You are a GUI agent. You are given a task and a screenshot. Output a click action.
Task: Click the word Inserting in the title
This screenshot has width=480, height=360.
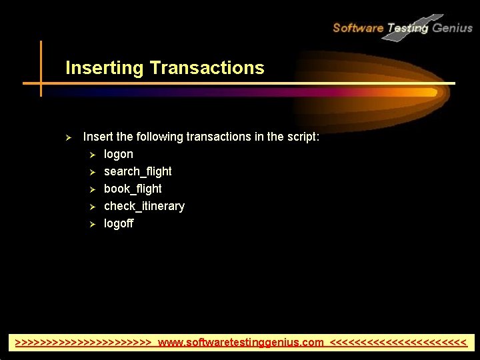(x=105, y=68)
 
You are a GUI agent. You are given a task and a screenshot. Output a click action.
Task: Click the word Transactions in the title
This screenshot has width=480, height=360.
(x=207, y=68)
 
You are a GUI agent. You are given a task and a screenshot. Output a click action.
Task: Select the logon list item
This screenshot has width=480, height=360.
(x=118, y=154)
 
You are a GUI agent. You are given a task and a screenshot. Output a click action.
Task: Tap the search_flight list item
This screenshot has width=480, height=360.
(x=137, y=171)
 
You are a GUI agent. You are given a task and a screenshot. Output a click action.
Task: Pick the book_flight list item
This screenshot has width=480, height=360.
(x=133, y=189)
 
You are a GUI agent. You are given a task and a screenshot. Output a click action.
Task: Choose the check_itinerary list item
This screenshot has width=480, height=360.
(x=144, y=206)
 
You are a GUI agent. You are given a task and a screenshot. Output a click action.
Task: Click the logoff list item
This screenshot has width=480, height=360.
(x=119, y=223)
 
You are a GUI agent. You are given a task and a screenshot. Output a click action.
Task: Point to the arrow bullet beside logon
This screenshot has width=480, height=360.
(x=93, y=155)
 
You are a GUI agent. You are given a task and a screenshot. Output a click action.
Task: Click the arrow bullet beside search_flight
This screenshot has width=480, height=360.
(x=93, y=172)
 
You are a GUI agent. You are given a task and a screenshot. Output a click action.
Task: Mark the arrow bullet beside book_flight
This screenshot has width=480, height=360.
(x=93, y=189)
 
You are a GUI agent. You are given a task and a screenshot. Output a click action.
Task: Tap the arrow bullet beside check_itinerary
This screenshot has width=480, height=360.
(x=93, y=207)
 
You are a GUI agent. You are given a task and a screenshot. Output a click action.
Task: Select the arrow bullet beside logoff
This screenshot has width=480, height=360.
(x=93, y=224)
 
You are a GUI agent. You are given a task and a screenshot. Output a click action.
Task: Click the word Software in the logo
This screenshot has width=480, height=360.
(x=357, y=28)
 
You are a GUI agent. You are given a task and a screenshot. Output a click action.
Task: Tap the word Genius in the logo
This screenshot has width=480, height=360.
(x=452, y=28)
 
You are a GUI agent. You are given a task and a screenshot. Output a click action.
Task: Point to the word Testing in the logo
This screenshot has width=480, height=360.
(x=407, y=28)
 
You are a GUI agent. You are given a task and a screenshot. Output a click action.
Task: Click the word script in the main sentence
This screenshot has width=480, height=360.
(x=303, y=137)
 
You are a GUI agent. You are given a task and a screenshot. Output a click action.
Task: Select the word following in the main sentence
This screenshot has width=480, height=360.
(x=159, y=137)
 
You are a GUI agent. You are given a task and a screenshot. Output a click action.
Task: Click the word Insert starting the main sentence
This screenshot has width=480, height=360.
(x=98, y=137)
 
